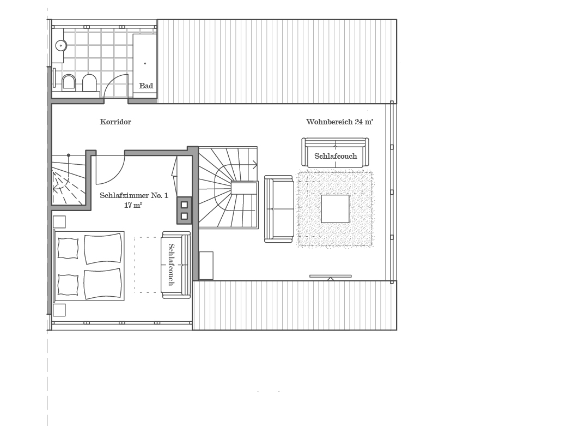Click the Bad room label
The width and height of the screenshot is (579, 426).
tap(146, 86)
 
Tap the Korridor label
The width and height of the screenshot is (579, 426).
tap(115, 122)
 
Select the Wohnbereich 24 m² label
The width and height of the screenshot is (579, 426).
tap(340, 122)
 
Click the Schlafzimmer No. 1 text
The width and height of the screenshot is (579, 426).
tap(134, 195)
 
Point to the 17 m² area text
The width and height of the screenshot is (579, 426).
tap(133, 205)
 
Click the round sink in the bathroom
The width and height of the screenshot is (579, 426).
tap(61, 45)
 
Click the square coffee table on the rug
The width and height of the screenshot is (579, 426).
tap(335, 209)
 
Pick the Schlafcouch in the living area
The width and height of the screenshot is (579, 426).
tap(336, 152)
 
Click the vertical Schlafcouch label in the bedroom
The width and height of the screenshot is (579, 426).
tap(171, 264)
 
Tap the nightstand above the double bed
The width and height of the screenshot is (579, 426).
tap(59, 222)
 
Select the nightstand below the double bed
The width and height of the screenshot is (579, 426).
tap(59, 310)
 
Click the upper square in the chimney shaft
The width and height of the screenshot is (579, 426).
tap(184, 205)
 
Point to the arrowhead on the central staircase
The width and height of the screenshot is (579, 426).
tap(255, 164)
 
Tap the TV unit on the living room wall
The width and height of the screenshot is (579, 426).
tap(331, 276)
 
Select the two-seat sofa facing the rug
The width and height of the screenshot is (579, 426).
tap(279, 209)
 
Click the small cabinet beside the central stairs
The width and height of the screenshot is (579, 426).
tap(206, 266)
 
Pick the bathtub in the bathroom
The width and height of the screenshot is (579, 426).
tap(145, 64)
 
